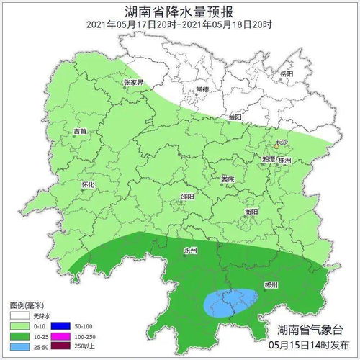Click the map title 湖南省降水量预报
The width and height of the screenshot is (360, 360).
click(179, 9)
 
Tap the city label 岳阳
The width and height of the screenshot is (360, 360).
click(287, 74)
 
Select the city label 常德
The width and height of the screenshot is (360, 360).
click(202, 89)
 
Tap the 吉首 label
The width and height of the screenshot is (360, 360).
click(80, 131)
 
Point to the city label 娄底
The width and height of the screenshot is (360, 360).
click(228, 179)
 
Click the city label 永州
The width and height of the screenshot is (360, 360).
click(190, 251)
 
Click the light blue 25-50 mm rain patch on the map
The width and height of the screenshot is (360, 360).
click(230, 302)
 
